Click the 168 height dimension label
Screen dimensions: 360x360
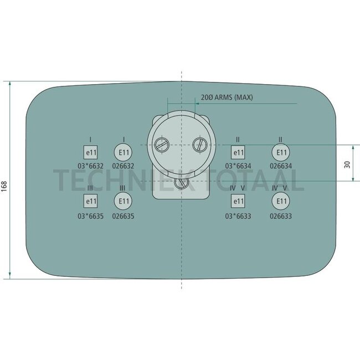[4, 186]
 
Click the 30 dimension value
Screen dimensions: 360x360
[347, 164]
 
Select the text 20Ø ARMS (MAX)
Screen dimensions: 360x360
[227, 97]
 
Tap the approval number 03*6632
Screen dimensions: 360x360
[90, 166]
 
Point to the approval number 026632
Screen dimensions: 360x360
[123, 166]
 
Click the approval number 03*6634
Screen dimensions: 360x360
[238, 166]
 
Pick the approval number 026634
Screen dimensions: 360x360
[281, 166]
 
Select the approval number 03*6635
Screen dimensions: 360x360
[90, 216]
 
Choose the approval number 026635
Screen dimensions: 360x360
[123, 216]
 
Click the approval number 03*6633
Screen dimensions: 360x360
[238, 216]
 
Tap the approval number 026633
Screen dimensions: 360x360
[281, 216]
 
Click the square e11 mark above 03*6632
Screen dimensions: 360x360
[90, 152]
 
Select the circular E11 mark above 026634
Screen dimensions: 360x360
[281, 152]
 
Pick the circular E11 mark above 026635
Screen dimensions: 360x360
[123, 201]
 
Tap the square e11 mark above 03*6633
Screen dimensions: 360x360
[238, 201]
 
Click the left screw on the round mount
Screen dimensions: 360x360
[162, 145]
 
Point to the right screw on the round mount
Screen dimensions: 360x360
[200, 145]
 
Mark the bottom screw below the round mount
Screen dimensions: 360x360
[181, 182]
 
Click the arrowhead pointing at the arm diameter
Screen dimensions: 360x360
[197, 104]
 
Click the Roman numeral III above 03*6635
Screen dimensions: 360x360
[90, 188]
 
